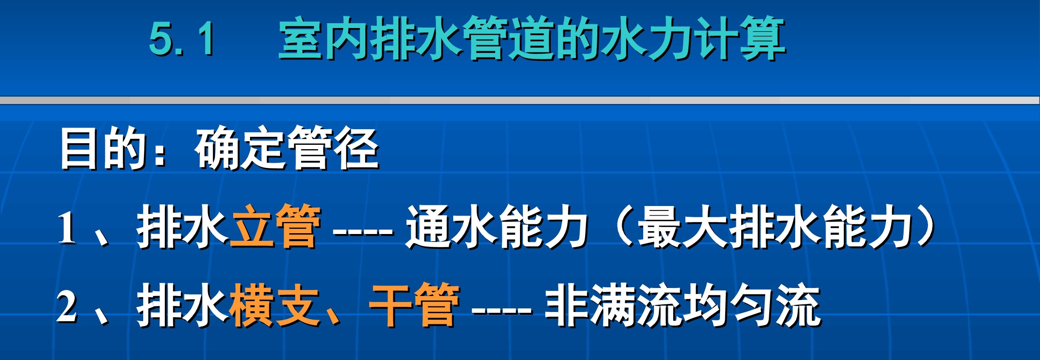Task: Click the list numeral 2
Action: point(67,308)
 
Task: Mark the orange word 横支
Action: point(274,306)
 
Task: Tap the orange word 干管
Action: point(414,306)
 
